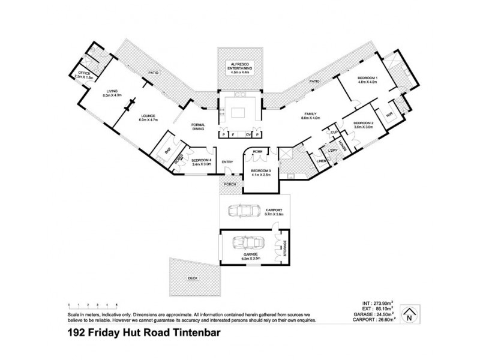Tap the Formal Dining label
(198, 127)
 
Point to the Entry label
(227, 162)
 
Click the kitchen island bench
(239, 112)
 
